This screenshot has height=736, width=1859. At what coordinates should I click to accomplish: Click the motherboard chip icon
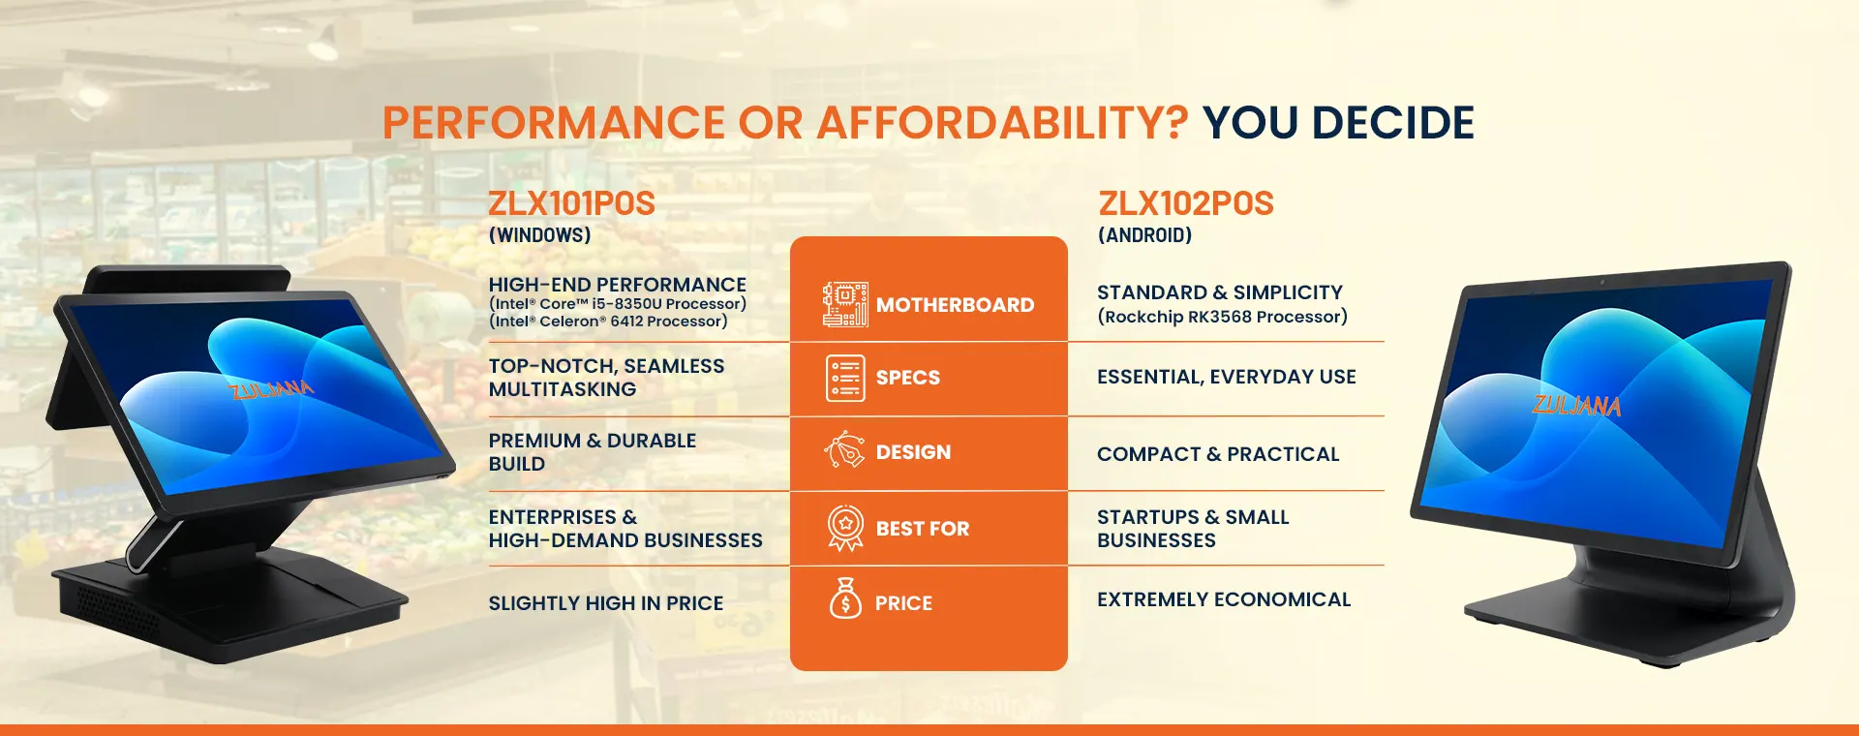tap(844, 304)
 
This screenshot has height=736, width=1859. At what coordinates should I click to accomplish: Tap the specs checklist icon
tap(845, 378)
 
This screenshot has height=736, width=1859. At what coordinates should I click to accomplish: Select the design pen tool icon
tap(844, 451)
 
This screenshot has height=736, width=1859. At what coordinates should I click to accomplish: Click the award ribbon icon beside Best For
tap(845, 529)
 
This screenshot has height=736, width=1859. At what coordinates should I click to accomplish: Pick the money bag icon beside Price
tap(845, 598)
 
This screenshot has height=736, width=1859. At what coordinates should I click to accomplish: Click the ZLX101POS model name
tap(571, 203)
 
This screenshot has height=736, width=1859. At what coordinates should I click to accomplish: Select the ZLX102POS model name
tap(1186, 203)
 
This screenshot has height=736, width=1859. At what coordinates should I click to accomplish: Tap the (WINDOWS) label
tap(539, 235)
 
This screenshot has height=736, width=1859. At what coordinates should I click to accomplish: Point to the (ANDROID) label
tap(1144, 235)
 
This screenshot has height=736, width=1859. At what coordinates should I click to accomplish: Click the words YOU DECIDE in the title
tap(1338, 123)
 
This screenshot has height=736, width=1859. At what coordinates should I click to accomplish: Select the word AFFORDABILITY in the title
tap(1002, 123)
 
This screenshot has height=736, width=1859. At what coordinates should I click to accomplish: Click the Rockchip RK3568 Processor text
tap(1222, 317)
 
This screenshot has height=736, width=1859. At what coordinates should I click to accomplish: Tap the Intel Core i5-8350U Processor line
tap(618, 304)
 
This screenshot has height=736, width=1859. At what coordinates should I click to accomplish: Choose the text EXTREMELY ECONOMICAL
tap(1224, 599)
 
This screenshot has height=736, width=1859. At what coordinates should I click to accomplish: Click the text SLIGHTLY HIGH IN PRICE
tap(606, 603)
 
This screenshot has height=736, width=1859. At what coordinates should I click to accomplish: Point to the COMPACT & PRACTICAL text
tap(1218, 454)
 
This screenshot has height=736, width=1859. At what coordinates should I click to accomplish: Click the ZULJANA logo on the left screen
tap(271, 389)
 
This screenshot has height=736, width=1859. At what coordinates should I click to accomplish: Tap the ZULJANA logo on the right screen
tap(1576, 405)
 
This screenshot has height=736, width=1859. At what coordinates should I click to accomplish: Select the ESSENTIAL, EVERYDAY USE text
tap(1227, 378)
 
